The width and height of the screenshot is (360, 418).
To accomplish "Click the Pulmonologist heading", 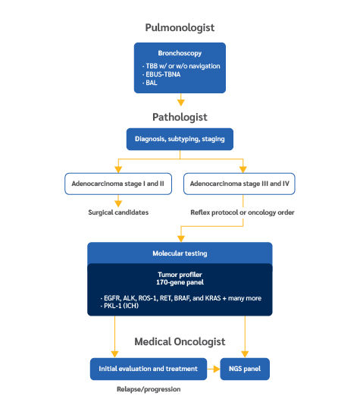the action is tap(180, 28).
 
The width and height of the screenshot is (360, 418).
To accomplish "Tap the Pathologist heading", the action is tap(180, 118).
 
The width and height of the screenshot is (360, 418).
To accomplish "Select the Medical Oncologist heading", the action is tap(180, 341).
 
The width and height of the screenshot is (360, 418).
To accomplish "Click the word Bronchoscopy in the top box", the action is tap(180, 53).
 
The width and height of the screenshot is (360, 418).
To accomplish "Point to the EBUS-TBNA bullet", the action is tap(161, 74).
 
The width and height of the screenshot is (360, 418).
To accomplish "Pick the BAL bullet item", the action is tap(150, 83).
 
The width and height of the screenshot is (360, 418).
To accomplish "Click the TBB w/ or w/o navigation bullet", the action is tap(181, 66).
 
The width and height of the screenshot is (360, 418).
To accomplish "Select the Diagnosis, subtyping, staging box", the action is tap(180, 139).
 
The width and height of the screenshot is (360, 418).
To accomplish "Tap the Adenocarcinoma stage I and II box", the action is tap(118, 184).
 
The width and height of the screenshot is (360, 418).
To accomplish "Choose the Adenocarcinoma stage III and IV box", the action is tap(239, 184).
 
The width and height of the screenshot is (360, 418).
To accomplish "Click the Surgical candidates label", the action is tap(118, 212).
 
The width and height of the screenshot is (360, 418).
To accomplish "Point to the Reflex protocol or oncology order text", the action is tap(243, 212).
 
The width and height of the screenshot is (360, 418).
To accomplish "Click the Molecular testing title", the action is tap(180, 253).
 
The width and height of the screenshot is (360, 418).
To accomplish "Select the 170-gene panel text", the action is tap(180, 282).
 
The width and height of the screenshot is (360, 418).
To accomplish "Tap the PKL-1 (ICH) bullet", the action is tap(120, 306).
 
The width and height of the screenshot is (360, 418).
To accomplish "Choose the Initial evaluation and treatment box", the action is tap(149, 369).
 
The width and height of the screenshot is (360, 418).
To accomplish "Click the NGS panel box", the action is tap(245, 369).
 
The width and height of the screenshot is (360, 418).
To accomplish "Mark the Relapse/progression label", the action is tap(149, 389).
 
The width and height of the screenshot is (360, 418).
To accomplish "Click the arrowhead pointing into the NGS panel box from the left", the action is tap(217, 369).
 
